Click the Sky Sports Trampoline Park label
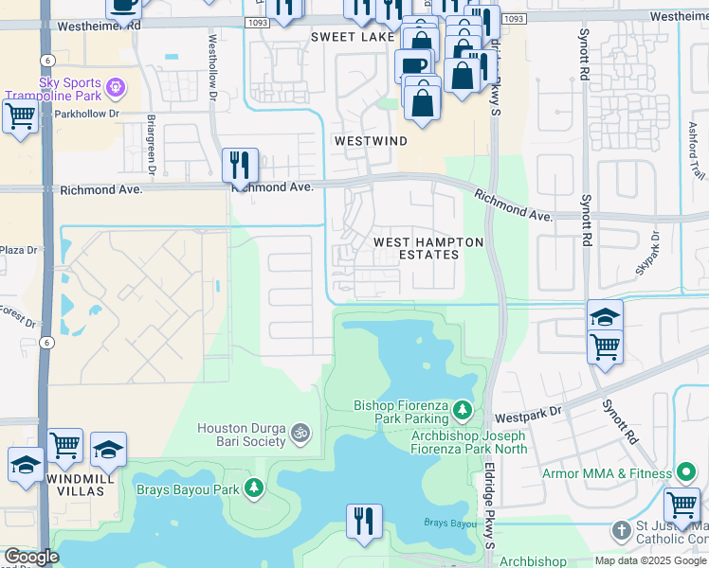point(54,90)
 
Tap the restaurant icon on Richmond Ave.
point(240,167)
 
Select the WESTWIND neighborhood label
point(370,141)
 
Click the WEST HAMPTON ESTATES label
point(428,248)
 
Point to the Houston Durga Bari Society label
point(241,435)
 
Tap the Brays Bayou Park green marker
point(253,488)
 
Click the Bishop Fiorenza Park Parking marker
point(462,409)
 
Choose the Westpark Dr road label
point(528,416)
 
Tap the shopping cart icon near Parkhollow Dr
point(20,117)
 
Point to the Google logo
point(30,557)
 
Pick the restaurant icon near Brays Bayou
point(363,522)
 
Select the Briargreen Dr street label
point(152,147)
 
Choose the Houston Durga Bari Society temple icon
point(300,434)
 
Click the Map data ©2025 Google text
point(650,560)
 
